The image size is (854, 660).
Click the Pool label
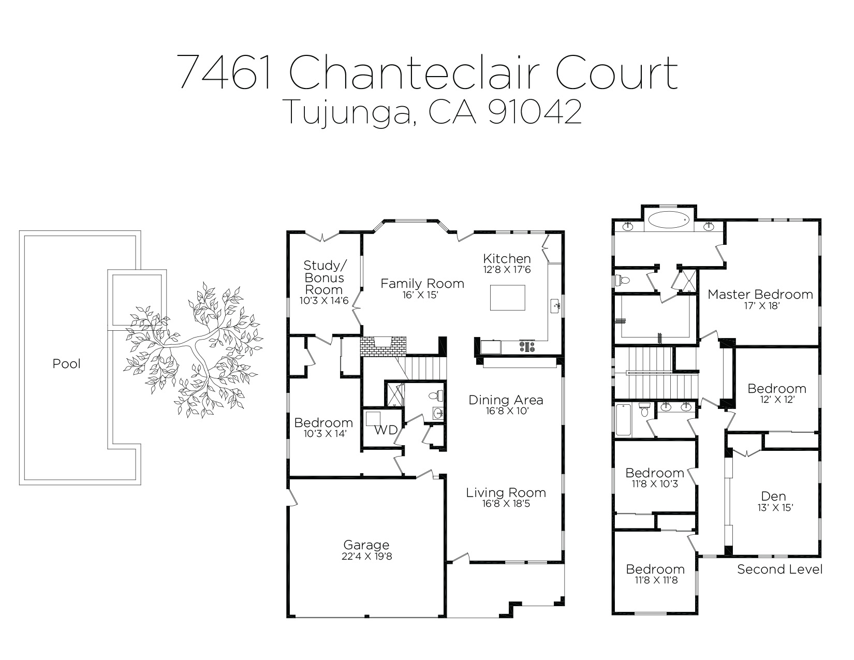(x=67, y=364)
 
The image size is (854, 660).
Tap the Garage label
(x=366, y=545)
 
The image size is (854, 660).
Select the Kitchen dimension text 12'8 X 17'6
(x=507, y=270)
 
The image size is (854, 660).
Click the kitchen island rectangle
(x=507, y=298)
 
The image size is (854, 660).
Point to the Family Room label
(x=422, y=284)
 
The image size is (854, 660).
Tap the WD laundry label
(x=386, y=430)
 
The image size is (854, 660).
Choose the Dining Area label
(x=506, y=400)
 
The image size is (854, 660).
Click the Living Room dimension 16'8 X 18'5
(x=506, y=503)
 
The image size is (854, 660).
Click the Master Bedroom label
(x=760, y=295)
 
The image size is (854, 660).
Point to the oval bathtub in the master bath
(x=669, y=220)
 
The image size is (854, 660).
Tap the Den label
(x=774, y=496)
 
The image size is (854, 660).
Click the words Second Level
(x=779, y=569)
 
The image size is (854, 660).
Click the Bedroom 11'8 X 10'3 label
(x=655, y=473)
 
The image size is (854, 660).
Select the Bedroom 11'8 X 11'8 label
(x=655, y=569)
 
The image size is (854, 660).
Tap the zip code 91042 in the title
(x=535, y=111)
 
